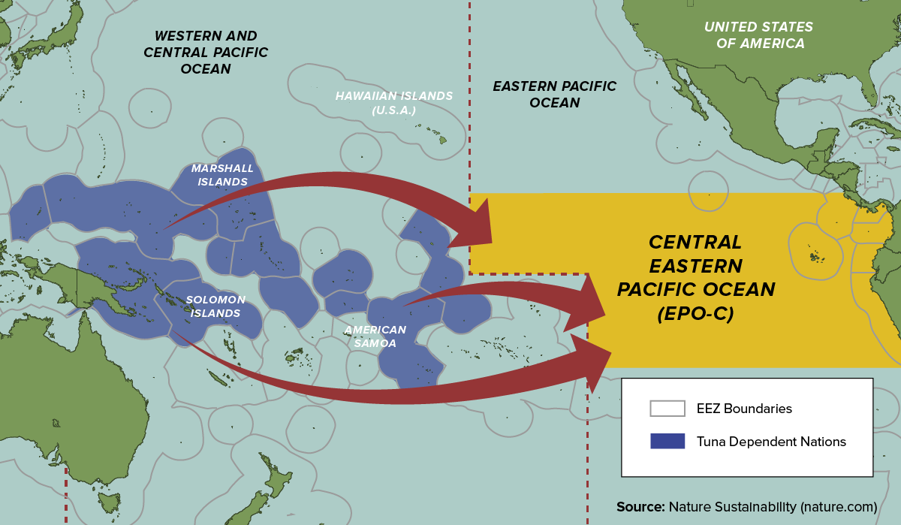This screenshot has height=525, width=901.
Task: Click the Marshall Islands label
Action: click(222, 175)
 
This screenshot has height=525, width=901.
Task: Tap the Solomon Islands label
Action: click(215, 306)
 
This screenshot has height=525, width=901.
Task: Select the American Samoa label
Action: click(375, 336)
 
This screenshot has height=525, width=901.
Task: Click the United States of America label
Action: click(758, 35)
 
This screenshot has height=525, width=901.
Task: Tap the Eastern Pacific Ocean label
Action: click(554, 94)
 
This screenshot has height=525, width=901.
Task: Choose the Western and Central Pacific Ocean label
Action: click(205, 52)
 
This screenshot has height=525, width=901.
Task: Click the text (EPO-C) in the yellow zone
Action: click(695, 315)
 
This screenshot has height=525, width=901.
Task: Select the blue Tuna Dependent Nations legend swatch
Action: click(667, 441)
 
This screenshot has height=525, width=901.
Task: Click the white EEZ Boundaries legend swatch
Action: click(667, 409)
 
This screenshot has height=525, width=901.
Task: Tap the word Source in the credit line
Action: click(639, 505)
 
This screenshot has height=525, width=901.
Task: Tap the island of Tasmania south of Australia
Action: click(109, 501)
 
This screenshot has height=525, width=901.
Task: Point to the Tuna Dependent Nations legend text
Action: click(770, 442)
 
